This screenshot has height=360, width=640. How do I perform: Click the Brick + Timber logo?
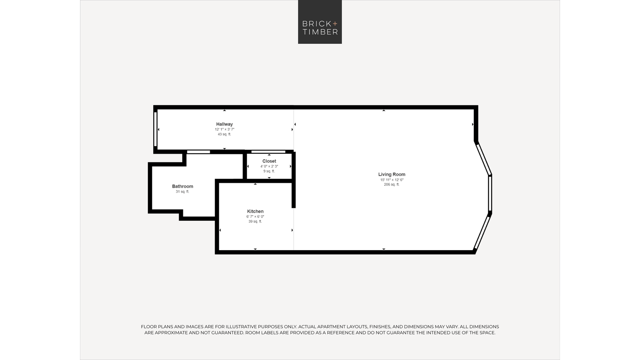(x=320, y=22)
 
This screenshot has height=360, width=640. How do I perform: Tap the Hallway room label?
(x=224, y=124)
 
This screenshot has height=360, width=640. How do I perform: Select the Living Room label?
(x=392, y=174)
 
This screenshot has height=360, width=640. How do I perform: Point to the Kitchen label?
(x=255, y=211)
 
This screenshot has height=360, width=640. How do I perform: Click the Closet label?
(x=269, y=161)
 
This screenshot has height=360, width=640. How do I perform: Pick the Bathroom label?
(x=182, y=186)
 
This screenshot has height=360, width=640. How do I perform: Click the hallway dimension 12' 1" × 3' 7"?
(x=225, y=129)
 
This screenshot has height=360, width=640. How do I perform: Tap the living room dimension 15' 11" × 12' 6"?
(x=392, y=180)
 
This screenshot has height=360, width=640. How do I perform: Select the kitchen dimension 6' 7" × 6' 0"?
(x=255, y=217)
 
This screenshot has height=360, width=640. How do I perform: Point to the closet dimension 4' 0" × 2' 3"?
(x=269, y=166)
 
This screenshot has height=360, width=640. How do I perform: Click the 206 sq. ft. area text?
(x=392, y=185)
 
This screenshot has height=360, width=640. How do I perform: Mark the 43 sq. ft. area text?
(x=224, y=134)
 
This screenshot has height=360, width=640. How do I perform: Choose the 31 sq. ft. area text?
(x=182, y=192)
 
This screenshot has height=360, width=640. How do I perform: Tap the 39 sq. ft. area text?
(x=255, y=221)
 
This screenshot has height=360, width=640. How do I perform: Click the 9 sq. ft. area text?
(x=269, y=171)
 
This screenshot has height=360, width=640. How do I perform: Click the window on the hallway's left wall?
(x=156, y=129)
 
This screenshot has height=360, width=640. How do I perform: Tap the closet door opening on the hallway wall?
(x=268, y=152)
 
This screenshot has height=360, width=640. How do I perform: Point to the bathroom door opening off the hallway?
(x=198, y=152)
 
